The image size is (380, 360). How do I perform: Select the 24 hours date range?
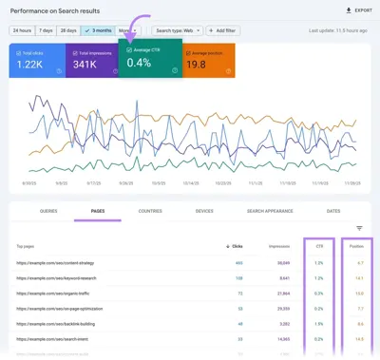(x=23, y=30)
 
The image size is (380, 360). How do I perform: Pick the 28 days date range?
(x=69, y=30)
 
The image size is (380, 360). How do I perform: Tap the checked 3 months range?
(x=97, y=30)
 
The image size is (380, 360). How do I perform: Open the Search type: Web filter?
(x=178, y=30)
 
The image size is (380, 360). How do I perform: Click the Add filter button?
(x=223, y=30)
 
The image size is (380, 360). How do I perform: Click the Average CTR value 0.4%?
(x=140, y=63)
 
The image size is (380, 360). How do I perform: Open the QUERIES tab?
(x=49, y=209)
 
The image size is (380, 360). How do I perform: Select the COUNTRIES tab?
(x=150, y=209)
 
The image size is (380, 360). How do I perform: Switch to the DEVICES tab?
(x=203, y=209)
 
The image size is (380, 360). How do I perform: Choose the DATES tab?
(x=332, y=209)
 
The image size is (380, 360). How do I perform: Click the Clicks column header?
(x=236, y=245)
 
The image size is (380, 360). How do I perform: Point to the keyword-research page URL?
(x=57, y=278)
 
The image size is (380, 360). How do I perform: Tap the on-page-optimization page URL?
(x=62, y=309)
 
